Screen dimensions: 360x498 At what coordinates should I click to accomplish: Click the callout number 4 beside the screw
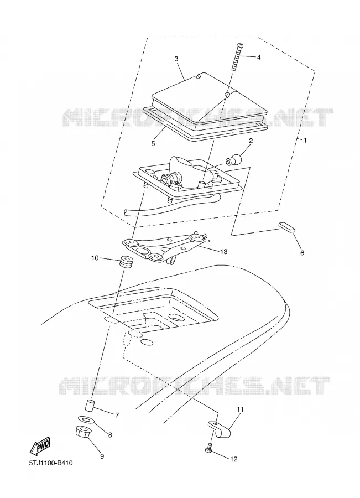pyautogui.click(x=258, y=58)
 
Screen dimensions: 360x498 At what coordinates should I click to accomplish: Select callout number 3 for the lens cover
pyautogui.click(x=176, y=59)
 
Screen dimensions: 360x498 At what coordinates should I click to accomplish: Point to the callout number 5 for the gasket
pyautogui.click(x=153, y=143)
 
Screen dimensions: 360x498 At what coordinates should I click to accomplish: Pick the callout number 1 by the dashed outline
pyautogui.click(x=305, y=140)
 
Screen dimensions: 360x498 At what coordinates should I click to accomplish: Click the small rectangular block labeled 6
pyautogui.click(x=288, y=227)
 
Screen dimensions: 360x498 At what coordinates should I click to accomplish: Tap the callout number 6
pyautogui.click(x=302, y=253)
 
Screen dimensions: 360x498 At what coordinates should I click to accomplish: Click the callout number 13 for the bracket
pyautogui.click(x=223, y=252)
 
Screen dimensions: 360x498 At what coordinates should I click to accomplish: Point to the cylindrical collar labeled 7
pyautogui.click(x=90, y=406)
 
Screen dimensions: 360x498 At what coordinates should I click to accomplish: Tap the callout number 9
pyautogui.click(x=102, y=456)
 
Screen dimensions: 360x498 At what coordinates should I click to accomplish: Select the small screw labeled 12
pyautogui.click(x=208, y=447)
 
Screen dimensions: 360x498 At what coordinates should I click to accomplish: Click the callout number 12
pyautogui.click(x=233, y=459)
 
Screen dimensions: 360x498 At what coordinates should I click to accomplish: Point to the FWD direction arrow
pyautogui.click(x=40, y=445)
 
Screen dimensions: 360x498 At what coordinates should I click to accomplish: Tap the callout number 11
pyautogui.click(x=240, y=409)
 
